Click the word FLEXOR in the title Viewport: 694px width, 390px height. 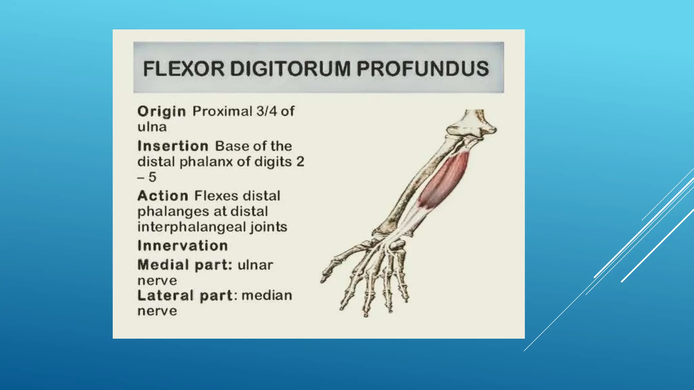click(183, 69)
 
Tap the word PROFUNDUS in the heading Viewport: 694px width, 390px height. click(423, 69)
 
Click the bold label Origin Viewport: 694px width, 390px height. click(161, 112)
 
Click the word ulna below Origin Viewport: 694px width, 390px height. click(152, 127)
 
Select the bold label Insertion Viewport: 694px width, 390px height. click(173, 146)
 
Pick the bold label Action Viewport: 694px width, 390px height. click(163, 196)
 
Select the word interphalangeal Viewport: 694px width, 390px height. click(191, 227)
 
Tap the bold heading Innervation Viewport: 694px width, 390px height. click(182, 246)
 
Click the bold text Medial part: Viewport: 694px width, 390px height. click(185, 265)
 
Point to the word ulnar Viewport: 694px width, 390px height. click(255, 265)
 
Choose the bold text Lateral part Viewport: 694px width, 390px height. click(185, 296)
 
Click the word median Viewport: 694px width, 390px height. click(267, 296)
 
